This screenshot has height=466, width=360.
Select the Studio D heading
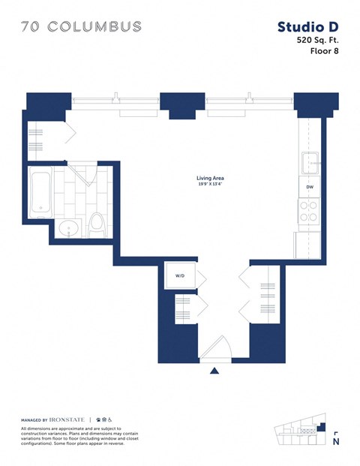(x=307, y=27)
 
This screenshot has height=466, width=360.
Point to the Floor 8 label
(x=324, y=52)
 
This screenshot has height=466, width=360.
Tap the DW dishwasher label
(x=309, y=187)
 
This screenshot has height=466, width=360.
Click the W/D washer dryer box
(x=180, y=276)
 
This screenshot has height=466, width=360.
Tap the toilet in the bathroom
(x=95, y=223)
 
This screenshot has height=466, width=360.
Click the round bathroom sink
(x=69, y=229)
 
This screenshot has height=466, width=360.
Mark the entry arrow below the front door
(x=214, y=370)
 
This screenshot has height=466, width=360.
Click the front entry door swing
(x=217, y=349)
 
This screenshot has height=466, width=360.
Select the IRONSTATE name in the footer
(x=69, y=419)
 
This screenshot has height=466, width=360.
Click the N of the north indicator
(x=335, y=443)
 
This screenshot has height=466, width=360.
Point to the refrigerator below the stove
(x=308, y=242)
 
